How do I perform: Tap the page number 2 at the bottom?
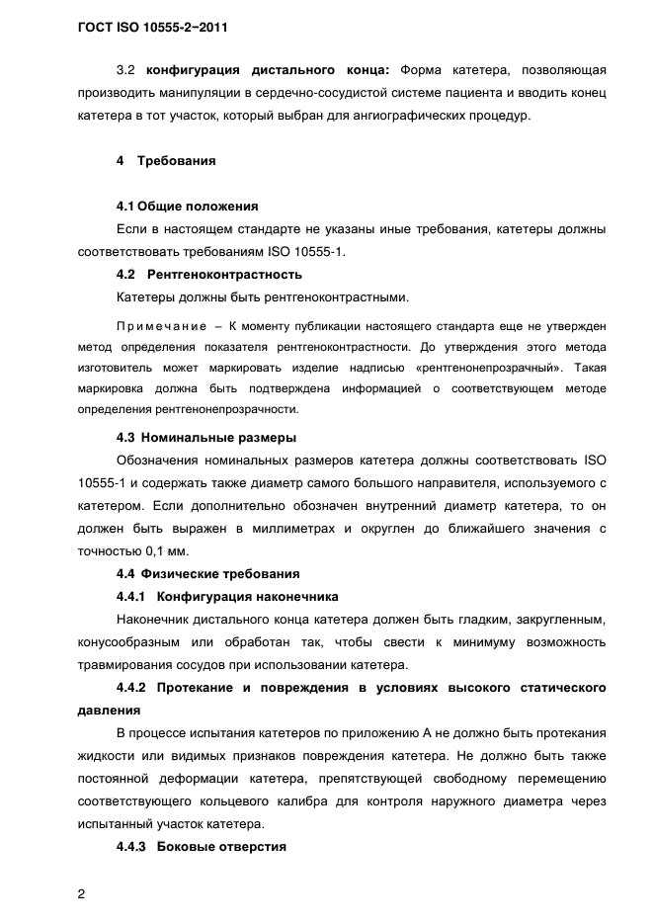[80, 868]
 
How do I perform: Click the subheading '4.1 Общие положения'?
[187, 207]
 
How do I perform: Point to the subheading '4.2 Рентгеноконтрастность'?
[208, 274]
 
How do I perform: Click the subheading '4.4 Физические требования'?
[208, 574]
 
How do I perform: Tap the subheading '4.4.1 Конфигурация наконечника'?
[227, 597]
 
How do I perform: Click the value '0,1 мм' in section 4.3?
[163, 550]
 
